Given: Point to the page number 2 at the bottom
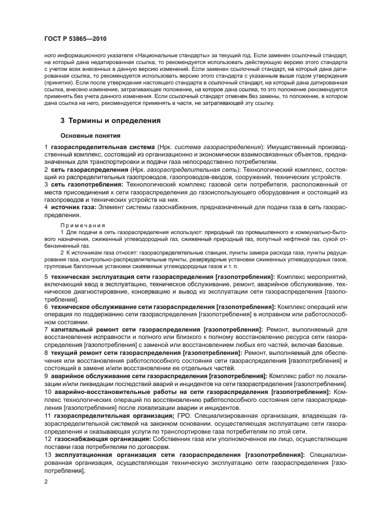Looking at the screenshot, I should point(46,481).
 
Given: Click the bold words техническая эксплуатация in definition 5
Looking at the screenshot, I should point(91,276).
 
